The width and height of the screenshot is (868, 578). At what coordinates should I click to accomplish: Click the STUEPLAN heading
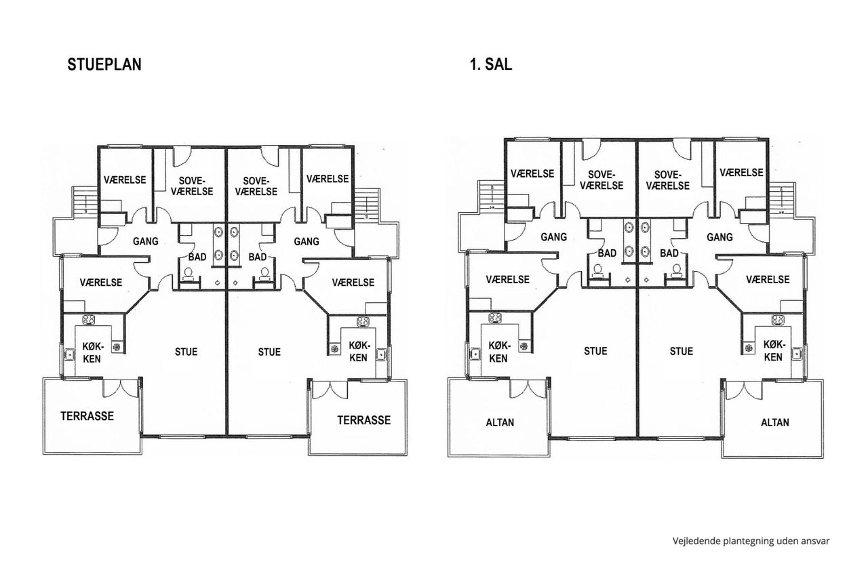pyautogui.click(x=104, y=64)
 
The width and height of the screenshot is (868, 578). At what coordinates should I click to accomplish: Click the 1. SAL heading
pyautogui.click(x=491, y=64)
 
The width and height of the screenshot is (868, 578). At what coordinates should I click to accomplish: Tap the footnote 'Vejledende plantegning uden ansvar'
pyautogui.click(x=751, y=541)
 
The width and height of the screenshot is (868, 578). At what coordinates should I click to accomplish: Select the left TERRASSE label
pyautogui.click(x=87, y=416)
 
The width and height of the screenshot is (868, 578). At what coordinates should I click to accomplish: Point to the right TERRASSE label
pyautogui.click(x=364, y=420)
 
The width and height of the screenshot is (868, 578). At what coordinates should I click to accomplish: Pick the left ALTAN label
pyautogui.click(x=500, y=422)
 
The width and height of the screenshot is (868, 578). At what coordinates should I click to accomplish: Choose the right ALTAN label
pyautogui.click(x=775, y=422)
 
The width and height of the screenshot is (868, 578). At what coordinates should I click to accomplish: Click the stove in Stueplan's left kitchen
pyautogui.click(x=89, y=320)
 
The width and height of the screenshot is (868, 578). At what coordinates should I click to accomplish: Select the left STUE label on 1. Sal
pyautogui.click(x=595, y=351)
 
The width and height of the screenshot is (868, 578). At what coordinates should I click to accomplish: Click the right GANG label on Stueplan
pyautogui.click(x=307, y=242)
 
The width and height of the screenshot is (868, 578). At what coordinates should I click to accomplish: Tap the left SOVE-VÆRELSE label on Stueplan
pyautogui.click(x=192, y=186)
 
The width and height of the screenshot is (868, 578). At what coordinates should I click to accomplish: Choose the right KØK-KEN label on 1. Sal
pyautogui.click(x=773, y=351)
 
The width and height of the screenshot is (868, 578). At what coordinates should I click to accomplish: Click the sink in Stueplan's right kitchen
pyautogui.click(x=381, y=354)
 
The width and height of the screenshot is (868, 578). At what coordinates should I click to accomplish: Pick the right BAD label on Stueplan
pyautogui.click(x=258, y=257)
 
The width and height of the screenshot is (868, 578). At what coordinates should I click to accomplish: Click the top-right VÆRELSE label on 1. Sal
pyautogui.click(x=742, y=172)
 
